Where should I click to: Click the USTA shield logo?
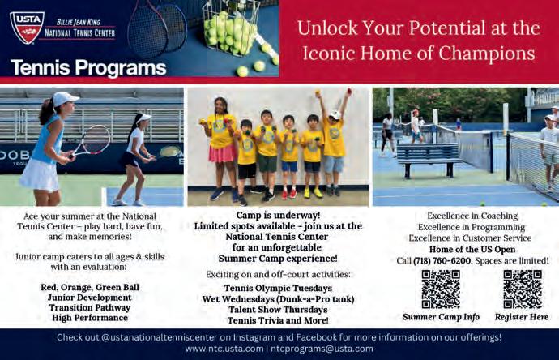coord(27,27)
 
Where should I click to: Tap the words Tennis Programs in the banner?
coord(88,68)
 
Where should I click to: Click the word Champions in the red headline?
coord(487,54)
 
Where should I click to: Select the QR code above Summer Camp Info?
coord(441,289)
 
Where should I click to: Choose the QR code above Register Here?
coord(523,289)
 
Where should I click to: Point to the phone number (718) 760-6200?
coord(442,261)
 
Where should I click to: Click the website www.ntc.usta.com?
coord(224,349)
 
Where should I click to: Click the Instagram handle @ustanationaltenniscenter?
coord(159,337)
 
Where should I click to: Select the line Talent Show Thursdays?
coord(278,310)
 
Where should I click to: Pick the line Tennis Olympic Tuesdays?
coord(278,289)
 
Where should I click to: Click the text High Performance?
coord(90,318)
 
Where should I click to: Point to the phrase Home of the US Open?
coord(472,250)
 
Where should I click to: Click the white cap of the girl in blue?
coord(65,98)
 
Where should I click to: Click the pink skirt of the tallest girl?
coord(222,153)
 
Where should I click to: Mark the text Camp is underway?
coord(278,216)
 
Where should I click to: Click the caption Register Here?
coord(522,317)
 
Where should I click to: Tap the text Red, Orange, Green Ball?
coord(90,287)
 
